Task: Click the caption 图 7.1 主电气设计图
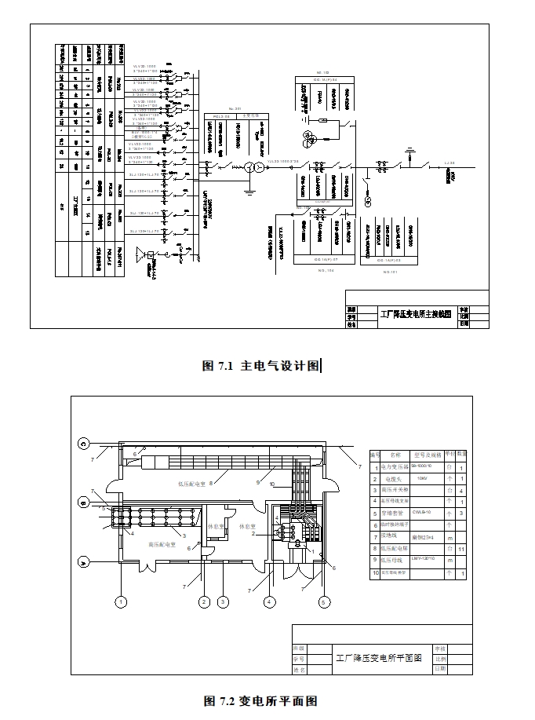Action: pyautogui.click(x=261, y=365)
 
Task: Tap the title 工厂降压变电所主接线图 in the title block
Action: pyautogui.click(x=416, y=313)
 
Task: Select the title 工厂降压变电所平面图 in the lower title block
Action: pyautogui.click(x=378, y=658)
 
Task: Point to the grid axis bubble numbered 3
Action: pyautogui.click(x=223, y=602)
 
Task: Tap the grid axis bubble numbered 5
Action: pyautogui.click(x=323, y=602)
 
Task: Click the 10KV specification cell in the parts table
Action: pyautogui.click(x=421, y=478)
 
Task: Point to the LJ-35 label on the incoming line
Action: pyautogui.click(x=448, y=163)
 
